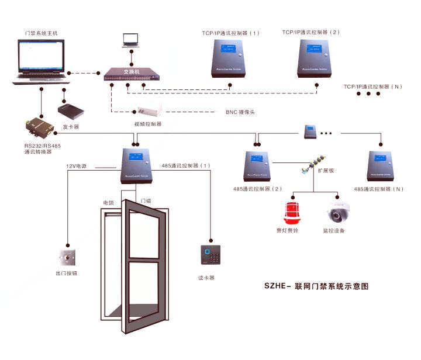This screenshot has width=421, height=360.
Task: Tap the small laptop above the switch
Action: pos(130,40)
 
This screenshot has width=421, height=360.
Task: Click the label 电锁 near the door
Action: pos(108,202)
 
